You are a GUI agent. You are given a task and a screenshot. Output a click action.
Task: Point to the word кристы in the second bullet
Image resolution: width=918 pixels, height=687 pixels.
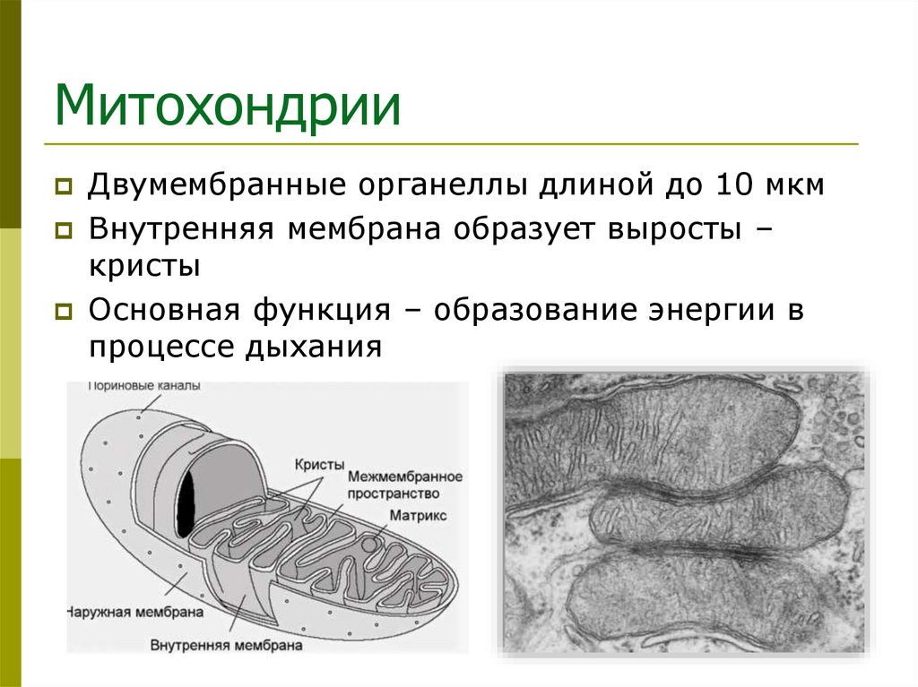pos(143,267)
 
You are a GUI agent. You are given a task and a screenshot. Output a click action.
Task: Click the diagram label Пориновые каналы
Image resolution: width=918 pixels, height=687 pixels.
pos(143,386)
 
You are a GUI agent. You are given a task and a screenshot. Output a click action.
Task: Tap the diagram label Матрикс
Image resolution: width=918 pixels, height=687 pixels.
pos(417,516)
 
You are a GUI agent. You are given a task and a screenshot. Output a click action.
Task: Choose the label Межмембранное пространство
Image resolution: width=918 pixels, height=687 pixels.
pos(405,485)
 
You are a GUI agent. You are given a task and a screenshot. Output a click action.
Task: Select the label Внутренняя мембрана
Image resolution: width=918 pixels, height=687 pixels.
pos(226,644)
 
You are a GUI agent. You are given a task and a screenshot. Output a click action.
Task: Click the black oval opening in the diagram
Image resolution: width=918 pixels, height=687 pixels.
pos(186,502)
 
